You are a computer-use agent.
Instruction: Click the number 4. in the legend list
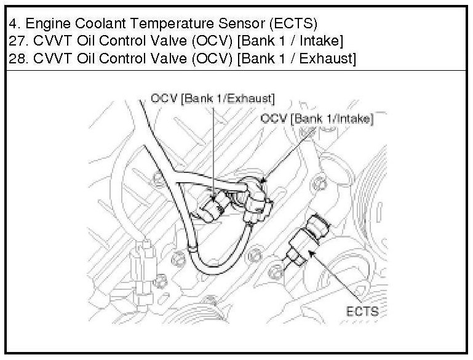click(15, 23)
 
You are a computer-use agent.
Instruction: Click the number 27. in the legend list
click(18, 41)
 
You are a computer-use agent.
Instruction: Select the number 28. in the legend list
click(18, 58)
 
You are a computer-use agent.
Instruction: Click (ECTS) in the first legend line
click(293, 24)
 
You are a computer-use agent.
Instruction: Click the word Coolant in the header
click(100, 23)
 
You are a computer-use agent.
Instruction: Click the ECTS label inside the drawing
click(362, 311)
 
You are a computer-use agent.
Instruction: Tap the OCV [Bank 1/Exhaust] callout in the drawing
click(213, 98)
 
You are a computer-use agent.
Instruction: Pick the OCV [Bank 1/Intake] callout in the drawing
click(317, 119)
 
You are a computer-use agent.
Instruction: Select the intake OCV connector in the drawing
click(258, 201)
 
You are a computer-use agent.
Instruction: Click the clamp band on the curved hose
click(192, 249)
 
